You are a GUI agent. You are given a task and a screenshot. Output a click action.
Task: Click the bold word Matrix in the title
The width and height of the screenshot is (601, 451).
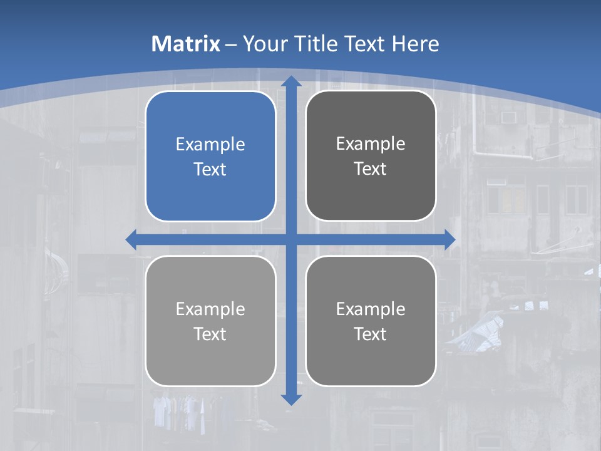186,44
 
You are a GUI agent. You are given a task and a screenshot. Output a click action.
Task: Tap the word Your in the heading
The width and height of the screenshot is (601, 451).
264,44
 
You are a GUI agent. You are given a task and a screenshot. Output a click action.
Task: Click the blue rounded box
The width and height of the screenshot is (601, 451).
210,156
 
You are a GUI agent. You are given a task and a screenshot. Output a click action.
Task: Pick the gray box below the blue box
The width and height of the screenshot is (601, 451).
210,321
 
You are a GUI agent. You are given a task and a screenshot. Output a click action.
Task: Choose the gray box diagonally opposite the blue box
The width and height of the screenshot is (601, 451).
371,321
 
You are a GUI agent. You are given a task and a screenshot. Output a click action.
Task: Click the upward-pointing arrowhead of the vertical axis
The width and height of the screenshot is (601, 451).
291,81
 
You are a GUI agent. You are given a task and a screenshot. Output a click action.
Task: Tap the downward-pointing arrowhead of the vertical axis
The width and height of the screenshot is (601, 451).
291,399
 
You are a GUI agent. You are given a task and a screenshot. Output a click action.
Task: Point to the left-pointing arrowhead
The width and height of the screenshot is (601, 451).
131,239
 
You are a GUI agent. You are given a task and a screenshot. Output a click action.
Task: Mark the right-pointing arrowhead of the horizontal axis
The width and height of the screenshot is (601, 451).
449,239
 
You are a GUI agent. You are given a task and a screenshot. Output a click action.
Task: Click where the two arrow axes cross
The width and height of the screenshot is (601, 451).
291,239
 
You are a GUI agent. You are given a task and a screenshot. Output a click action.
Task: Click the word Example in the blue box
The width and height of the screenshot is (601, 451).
210,144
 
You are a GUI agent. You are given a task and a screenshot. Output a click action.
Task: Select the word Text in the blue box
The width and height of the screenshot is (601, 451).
210,169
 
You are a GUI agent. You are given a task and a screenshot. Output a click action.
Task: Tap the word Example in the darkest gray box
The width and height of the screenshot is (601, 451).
371,143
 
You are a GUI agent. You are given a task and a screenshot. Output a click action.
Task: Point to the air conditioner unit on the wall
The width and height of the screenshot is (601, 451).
508,117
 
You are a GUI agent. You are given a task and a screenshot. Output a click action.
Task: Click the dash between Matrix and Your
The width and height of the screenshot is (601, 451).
231,44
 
